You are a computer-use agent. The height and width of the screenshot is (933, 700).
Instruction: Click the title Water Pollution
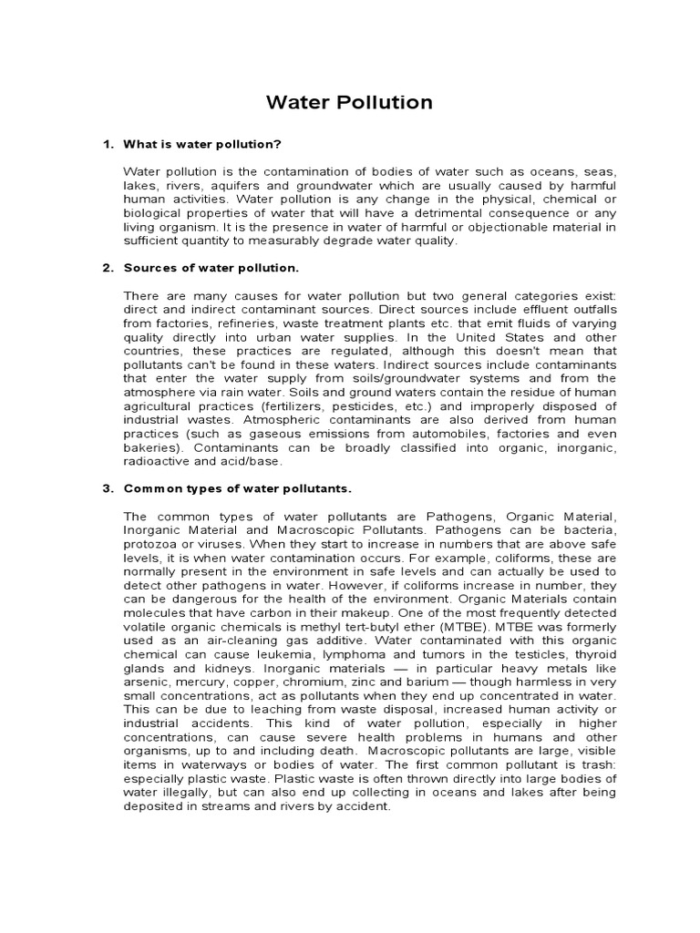(x=349, y=102)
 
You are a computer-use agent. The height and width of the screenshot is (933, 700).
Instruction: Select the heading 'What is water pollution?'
(x=202, y=145)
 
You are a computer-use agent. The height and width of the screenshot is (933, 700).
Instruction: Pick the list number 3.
(x=106, y=487)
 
